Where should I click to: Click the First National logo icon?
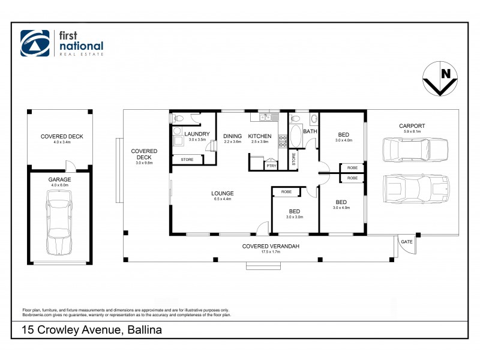tap(35, 43)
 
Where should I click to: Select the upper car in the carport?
tap(415, 148)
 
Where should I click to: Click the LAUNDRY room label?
tap(197, 134)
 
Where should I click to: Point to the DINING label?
tap(232, 136)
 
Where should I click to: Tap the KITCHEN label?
tap(260, 136)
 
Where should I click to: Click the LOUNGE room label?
tap(222, 193)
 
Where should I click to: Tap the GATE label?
tap(407, 241)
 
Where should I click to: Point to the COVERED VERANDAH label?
tap(271, 246)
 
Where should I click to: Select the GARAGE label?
tap(59, 179)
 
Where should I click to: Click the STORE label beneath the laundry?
tap(187, 160)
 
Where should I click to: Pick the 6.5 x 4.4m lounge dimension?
tap(222, 199)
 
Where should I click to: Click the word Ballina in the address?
tap(143, 330)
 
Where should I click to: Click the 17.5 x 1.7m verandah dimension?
tap(271, 252)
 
